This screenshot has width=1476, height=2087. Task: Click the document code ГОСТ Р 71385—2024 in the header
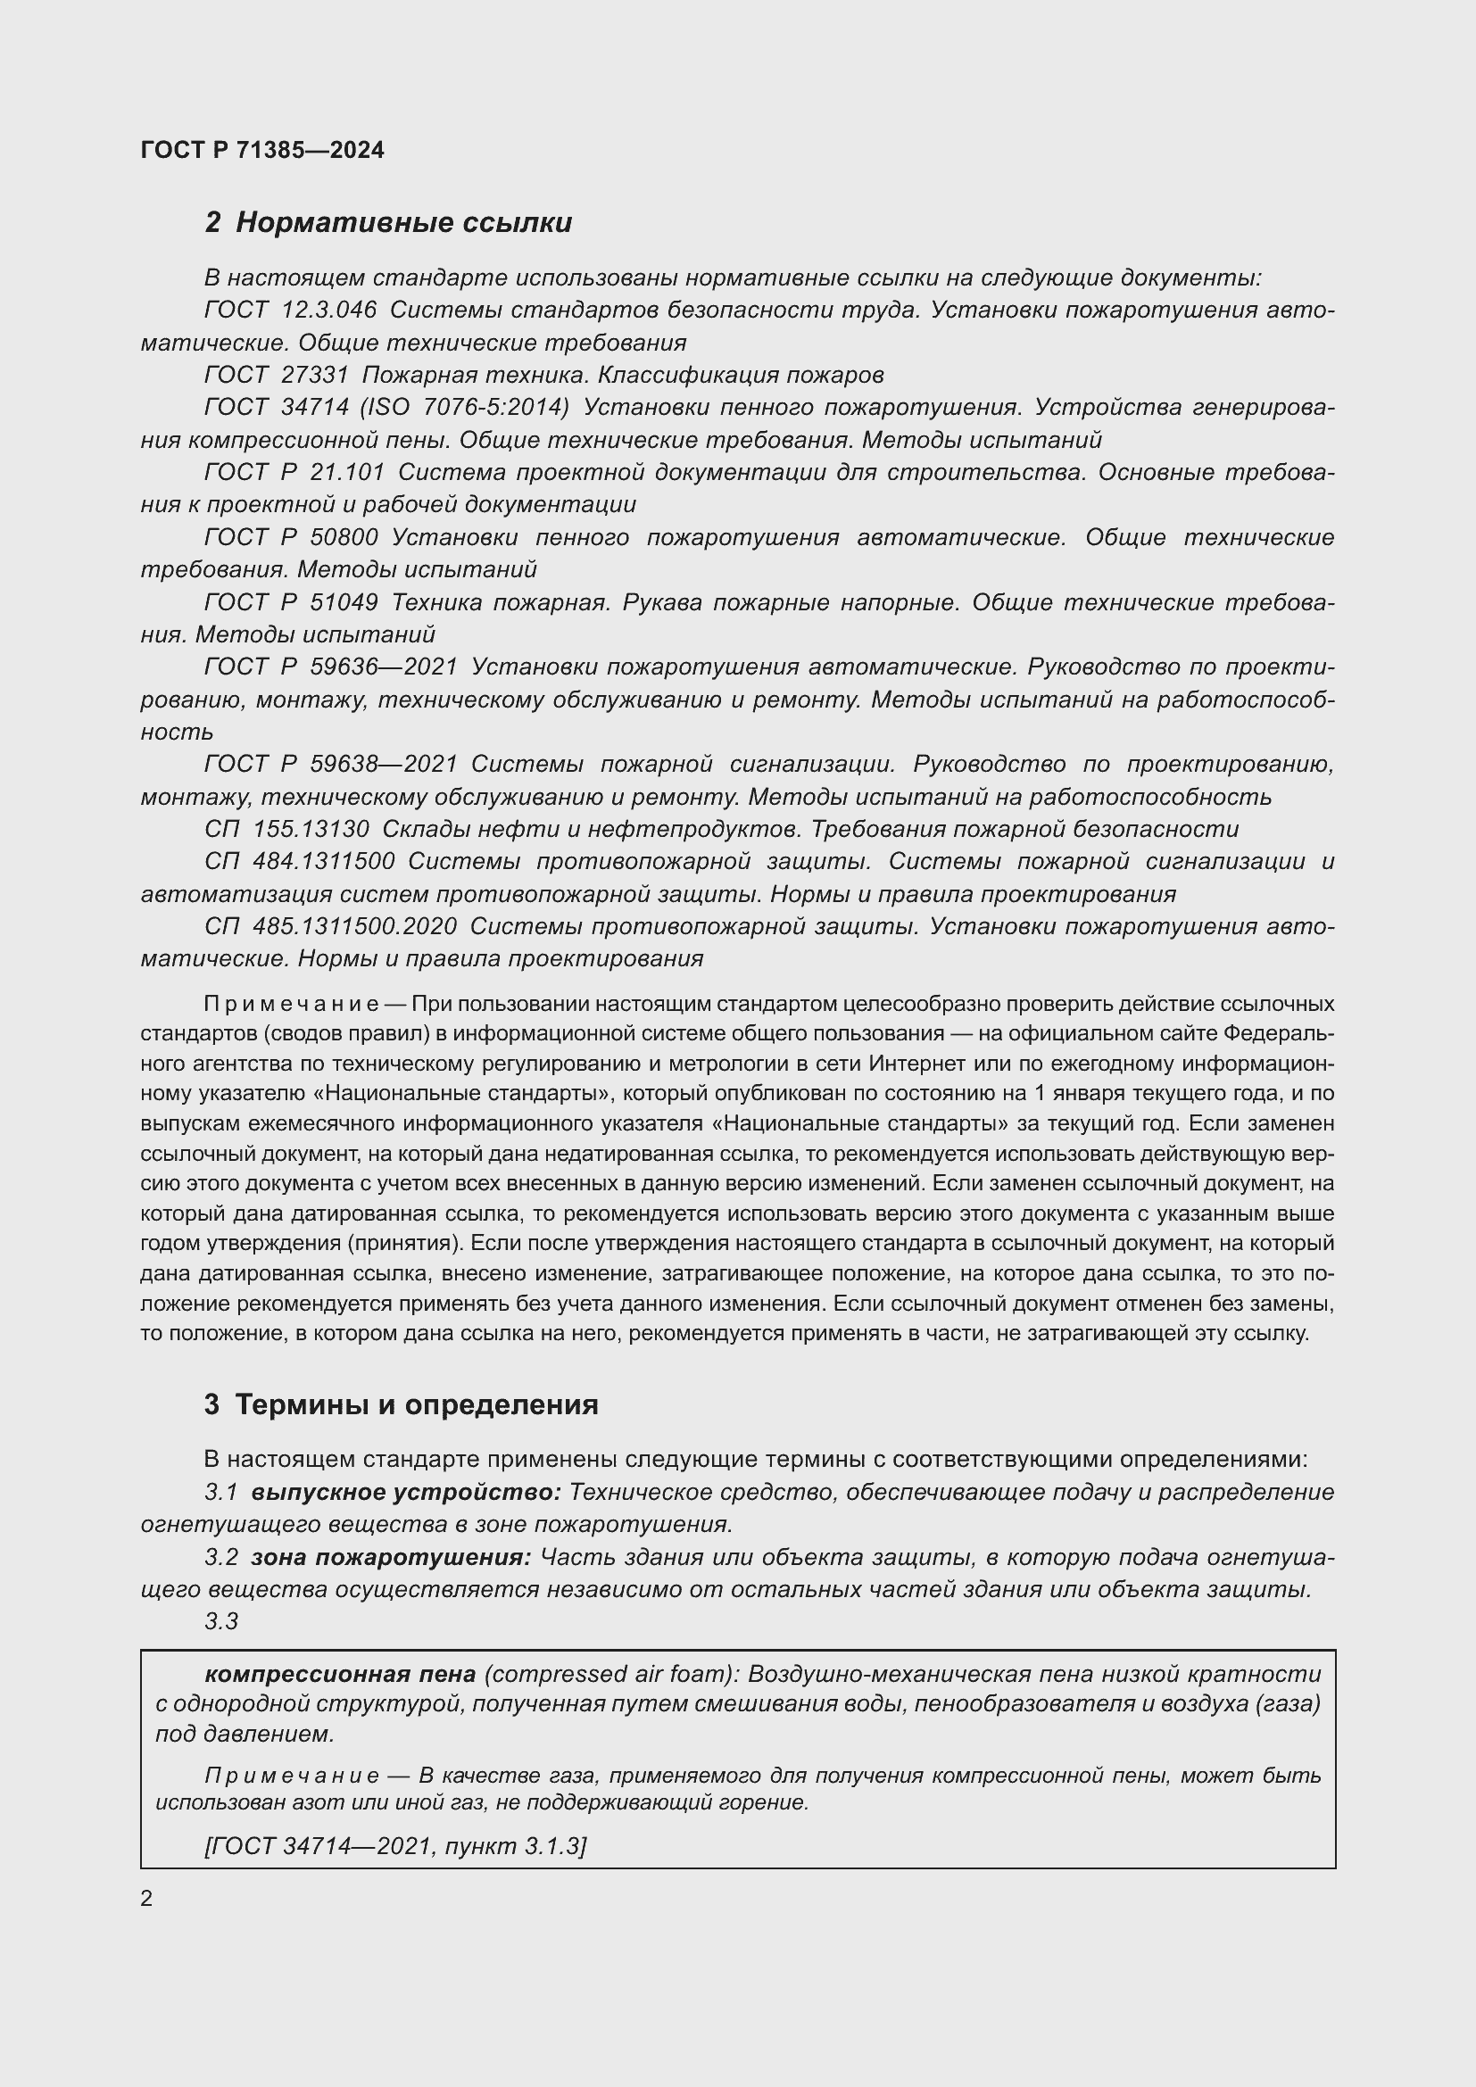[x=262, y=150]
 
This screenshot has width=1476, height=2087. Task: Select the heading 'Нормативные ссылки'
[x=403, y=223]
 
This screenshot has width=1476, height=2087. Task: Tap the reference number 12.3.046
[x=328, y=310]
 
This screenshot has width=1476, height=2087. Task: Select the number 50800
[x=344, y=537]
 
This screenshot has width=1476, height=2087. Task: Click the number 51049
[x=344, y=601]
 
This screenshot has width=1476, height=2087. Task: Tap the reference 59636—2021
[x=384, y=667]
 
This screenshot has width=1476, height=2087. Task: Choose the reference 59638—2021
[x=384, y=765]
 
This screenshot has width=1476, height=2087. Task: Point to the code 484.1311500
[x=324, y=862]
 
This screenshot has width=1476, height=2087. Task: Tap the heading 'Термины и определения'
[x=416, y=1404]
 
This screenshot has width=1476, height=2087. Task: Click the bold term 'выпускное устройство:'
[x=406, y=1493]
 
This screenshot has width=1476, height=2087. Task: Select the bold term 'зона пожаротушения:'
[x=391, y=1557]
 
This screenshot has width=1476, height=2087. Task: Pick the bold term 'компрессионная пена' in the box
[x=340, y=1673]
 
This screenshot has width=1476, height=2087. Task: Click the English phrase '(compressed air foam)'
[x=609, y=1673]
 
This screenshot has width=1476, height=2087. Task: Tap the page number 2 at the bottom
[x=146, y=1899]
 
